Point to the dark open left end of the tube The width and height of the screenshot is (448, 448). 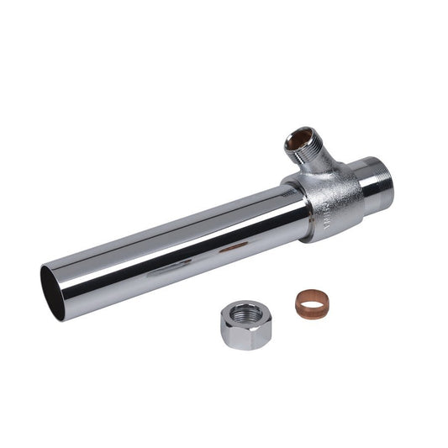point(55,291)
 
